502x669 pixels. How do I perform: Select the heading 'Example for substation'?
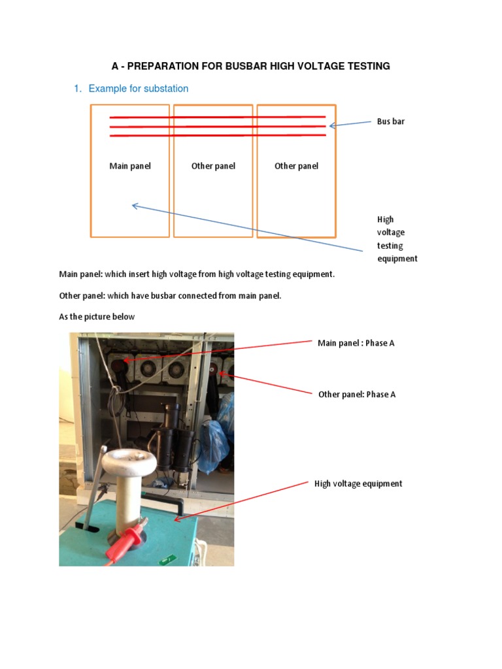tap(138, 89)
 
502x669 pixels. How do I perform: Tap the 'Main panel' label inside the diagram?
tap(129, 166)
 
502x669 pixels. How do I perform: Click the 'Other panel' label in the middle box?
tap(213, 166)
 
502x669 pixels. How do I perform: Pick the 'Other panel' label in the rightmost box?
tap(296, 166)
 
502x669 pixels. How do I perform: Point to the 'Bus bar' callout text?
tap(390, 122)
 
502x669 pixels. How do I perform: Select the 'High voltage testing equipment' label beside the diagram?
tap(397, 239)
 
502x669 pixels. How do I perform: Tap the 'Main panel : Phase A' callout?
tap(356, 343)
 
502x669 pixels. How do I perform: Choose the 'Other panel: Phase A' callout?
tap(356, 395)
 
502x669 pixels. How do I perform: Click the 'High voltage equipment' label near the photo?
tap(358, 484)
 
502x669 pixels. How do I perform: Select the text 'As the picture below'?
tap(97, 317)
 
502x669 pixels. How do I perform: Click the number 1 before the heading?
tap(76, 89)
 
